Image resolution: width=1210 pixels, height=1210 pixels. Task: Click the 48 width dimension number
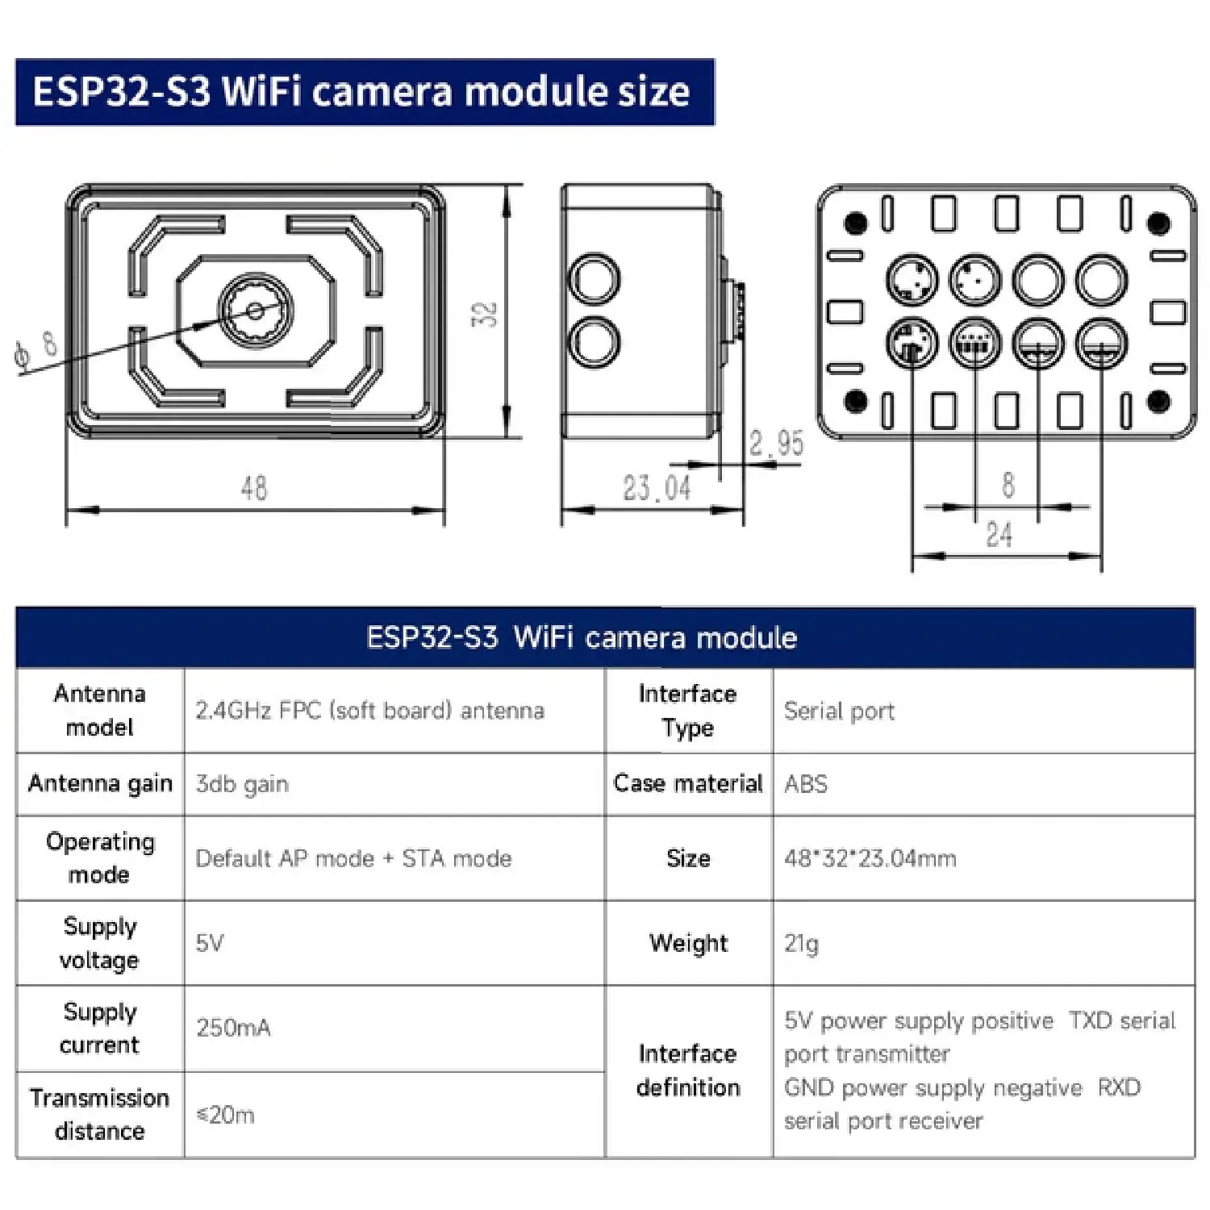[x=254, y=488]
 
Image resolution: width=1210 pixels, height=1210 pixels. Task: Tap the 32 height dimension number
[x=484, y=313]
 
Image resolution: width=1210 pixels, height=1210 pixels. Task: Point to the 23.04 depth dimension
[x=657, y=488]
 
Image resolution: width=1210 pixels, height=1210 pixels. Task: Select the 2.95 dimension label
[x=776, y=443]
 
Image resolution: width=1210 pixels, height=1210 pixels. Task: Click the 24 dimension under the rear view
[x=999, y=534]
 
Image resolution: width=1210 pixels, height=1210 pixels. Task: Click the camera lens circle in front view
[x=255, y=311]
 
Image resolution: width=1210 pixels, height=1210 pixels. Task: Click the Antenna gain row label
[x=100, y=783]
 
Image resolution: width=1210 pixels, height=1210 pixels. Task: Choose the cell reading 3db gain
[x=242, y=784]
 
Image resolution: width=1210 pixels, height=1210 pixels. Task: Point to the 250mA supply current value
[x=233, y=1028]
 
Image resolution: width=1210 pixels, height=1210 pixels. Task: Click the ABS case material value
[x=806, y=784]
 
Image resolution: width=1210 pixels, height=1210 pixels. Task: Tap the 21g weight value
[x=801, y=943]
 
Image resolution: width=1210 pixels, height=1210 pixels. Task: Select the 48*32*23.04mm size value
[x=870, y=858]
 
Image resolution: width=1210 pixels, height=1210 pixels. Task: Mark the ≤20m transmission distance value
[x=225, y=1115]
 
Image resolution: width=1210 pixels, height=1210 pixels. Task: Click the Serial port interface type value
[x=839, y=711]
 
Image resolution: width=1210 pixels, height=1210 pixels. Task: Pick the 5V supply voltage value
[x=210, y=943]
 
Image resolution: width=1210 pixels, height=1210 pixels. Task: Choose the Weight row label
[x=688, y=943]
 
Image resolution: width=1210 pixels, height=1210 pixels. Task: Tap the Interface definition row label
[x=687, y=1070]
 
